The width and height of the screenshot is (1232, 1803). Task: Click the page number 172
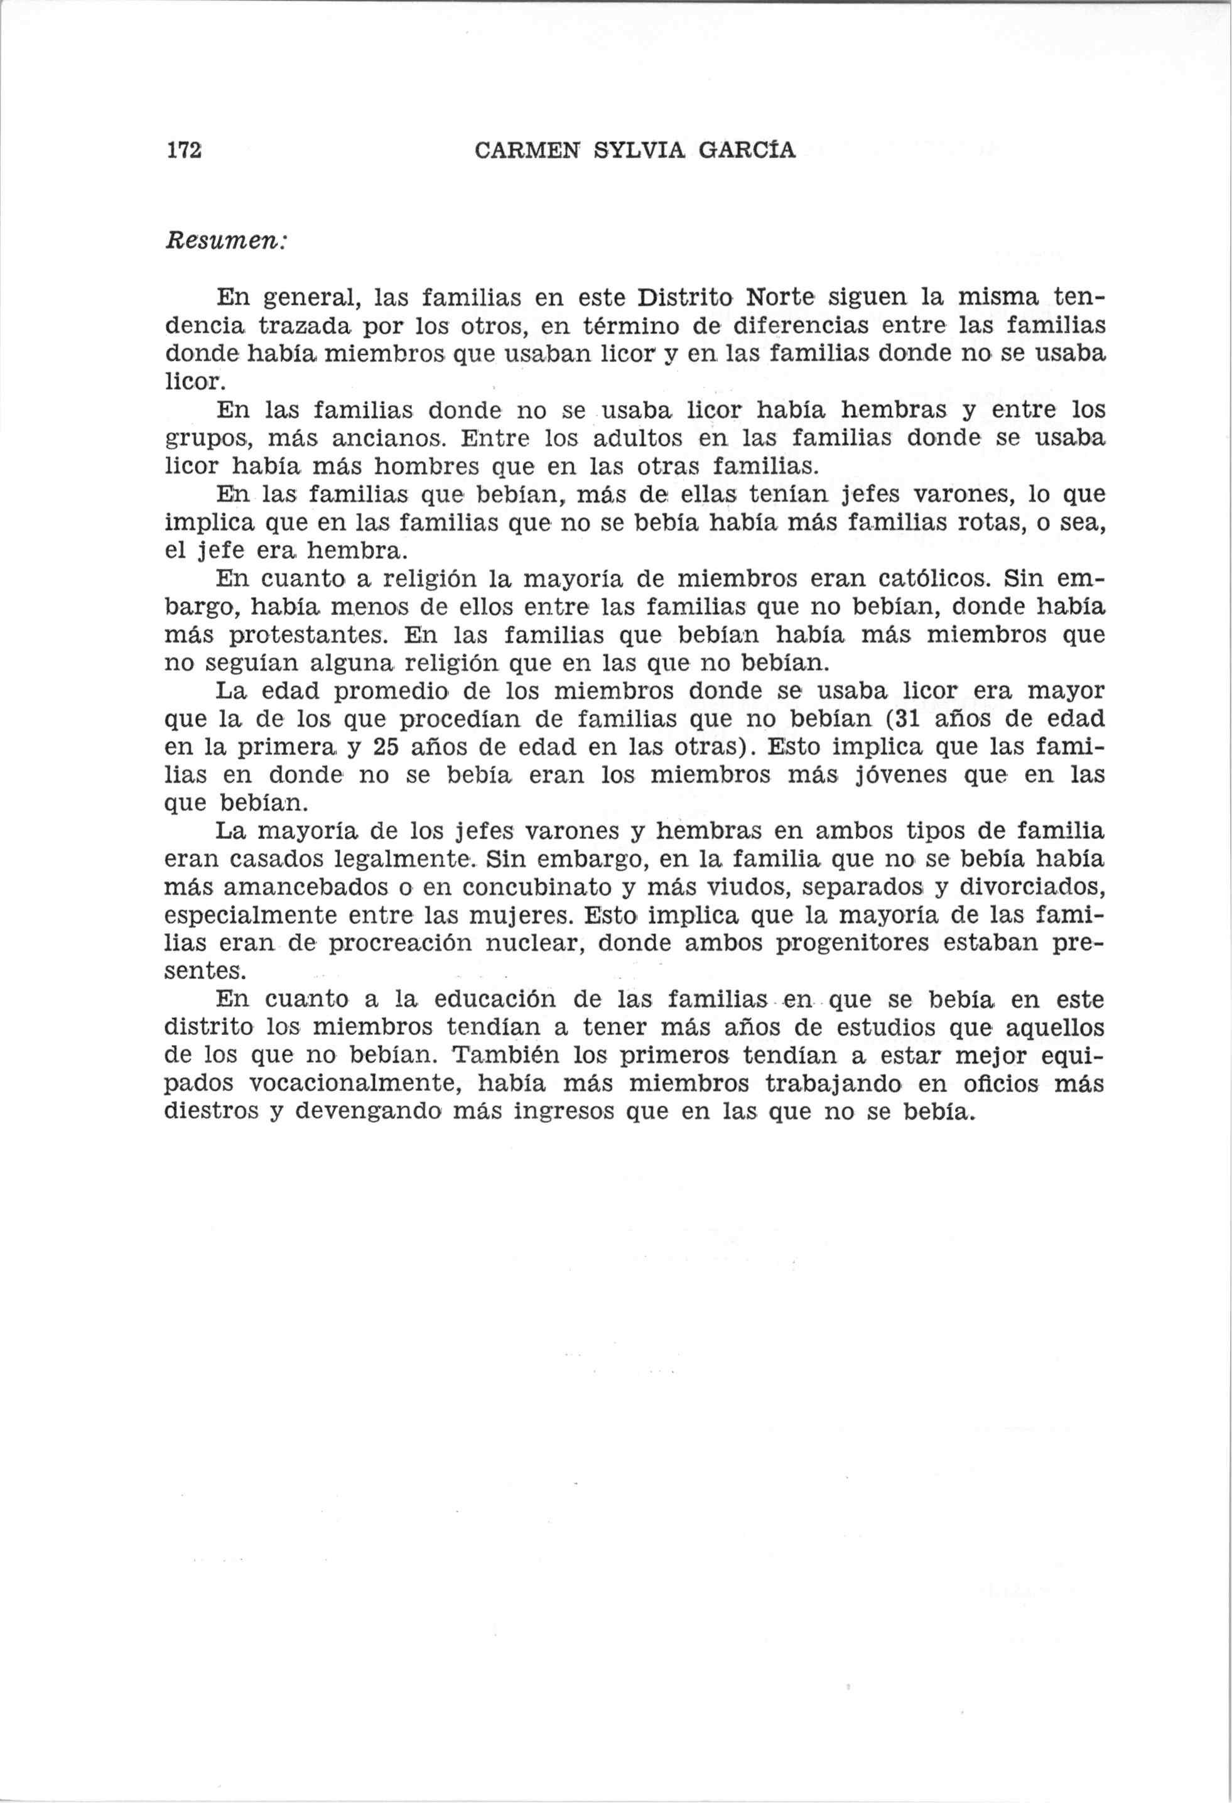184,149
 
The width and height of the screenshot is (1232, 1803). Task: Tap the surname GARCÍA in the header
747,149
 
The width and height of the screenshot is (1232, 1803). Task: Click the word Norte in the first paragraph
778,297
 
